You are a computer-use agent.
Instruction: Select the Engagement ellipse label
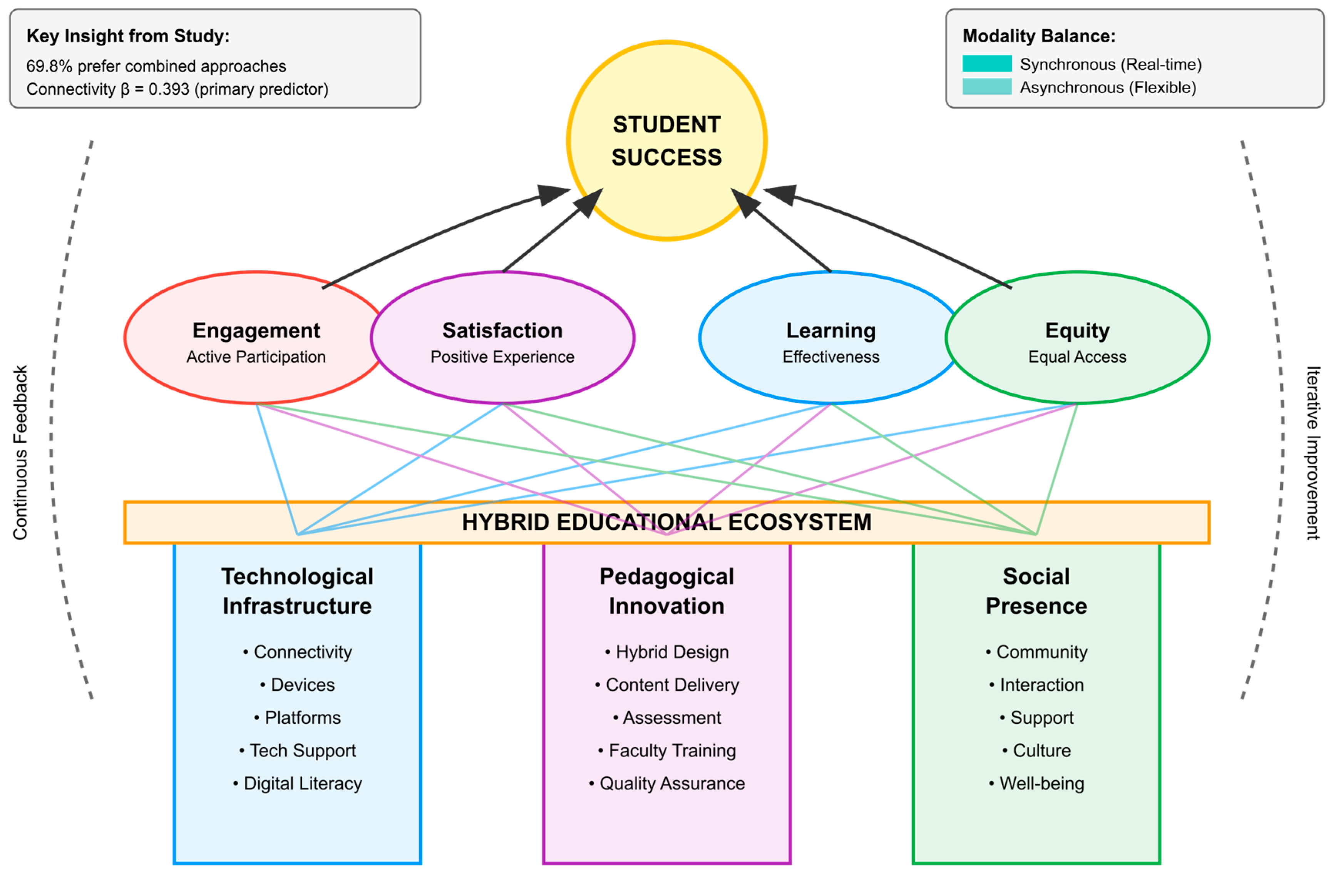[x=256, y=331]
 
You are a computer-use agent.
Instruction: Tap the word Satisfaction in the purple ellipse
[x=502, y=331]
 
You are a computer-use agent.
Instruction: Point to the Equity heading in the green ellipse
[x=1077, y=331]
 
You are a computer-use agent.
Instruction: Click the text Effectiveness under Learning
[x=830, y=357]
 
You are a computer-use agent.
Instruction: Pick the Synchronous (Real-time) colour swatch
[x=986, y=64]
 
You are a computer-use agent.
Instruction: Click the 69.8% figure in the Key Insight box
[x=49, y=66]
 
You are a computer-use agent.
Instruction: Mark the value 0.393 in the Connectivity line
[x=168, y=89]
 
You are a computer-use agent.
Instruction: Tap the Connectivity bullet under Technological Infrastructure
[x=303, y=652]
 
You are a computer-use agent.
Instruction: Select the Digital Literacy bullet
[x=303, y=783]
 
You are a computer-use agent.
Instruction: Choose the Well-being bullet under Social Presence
[x=1041, y=783]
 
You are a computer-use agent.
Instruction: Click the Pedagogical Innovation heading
[x=666, y=591]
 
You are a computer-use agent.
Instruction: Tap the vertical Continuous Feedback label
[x=20, y=453]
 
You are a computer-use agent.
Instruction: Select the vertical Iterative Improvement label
[x=1313, y=453]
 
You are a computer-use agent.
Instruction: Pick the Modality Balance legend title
[x=1038, y=36]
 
